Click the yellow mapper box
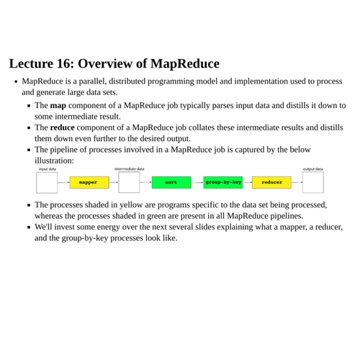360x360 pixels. click(x=89, y=182)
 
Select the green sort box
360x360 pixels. click(x=171, y=182)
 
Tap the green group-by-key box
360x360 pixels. click(x=222, y=182)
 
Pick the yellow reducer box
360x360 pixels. click(x=271, y=182)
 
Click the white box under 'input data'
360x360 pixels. click(x=47, y=182)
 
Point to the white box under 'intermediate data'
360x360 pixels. click(x=129, y=182)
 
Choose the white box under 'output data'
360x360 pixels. click(x=312, y=182)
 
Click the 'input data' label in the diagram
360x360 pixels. click(x=48, y=169)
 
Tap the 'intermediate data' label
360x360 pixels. click(x=130, y=169)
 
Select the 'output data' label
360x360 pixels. click(x=312, y=169)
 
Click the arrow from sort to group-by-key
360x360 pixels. click(x=197, y=182)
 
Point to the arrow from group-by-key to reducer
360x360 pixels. click(x=247, y=182)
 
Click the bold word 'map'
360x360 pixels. click(x=58, y=105)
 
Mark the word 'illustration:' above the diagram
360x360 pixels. click(x=55, y=161)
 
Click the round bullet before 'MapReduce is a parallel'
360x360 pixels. click(x=15, y=81)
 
